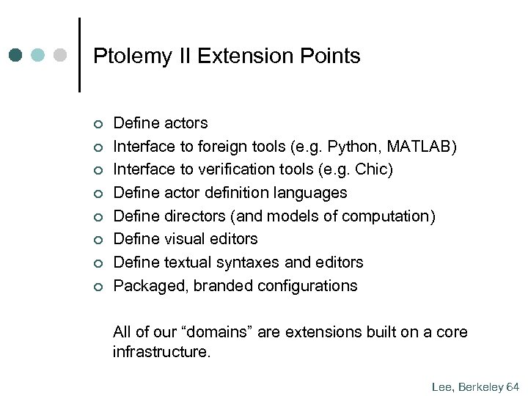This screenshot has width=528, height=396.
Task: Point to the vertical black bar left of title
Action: (78, 55)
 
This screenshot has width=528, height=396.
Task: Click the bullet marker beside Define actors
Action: (97, 123)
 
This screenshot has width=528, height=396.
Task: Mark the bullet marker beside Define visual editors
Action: (97, 240)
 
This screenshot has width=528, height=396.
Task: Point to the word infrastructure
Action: (161, 352)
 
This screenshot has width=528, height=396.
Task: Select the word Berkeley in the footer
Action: (479, 385)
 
